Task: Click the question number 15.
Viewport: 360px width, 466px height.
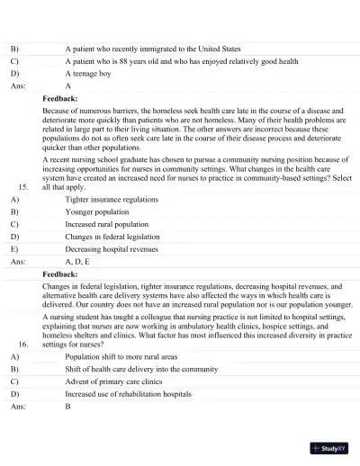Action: (x=23, y=186)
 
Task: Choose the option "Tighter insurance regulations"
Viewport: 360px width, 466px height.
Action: (x=112, y=199)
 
